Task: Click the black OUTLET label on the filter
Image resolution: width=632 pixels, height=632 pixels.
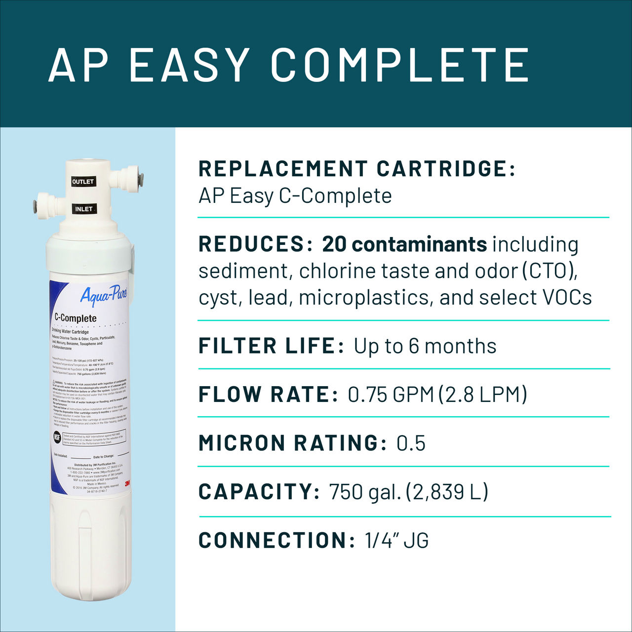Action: [x=83, y=182]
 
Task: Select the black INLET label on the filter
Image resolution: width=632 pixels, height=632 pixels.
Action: [x=84, y=209]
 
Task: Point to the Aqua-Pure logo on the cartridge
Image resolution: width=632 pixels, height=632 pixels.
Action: [x=104, y=295]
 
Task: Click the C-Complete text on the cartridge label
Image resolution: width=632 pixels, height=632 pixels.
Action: [x=76, y=318]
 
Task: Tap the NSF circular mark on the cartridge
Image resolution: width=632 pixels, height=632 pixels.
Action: [x=57, y=437]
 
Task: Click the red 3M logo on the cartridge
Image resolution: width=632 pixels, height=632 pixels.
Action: [x=127, y=483]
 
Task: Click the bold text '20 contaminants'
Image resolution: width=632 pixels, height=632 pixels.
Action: [x=404, y=244]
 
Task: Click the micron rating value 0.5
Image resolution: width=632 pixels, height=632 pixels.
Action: [x=411, y=443]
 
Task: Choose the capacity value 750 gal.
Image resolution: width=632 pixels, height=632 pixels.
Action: [x=365, y=492]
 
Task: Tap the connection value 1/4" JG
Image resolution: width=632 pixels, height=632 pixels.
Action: [x=396, y=540]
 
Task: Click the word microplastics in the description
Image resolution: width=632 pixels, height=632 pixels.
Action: [x=365, y=298]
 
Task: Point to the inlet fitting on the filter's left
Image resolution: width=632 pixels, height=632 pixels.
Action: [x=45, y=204]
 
